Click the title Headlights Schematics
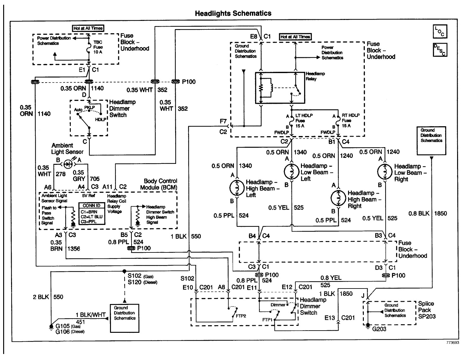[233, 13]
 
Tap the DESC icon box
[440, 50]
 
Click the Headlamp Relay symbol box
[280, 88]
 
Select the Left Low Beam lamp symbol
[291, 172]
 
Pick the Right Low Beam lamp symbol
[385, 172]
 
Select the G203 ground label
[379, 329]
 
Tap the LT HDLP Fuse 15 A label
[301, 121]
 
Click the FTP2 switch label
[241, 316]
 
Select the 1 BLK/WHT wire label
[90, 314]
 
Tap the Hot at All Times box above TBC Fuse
[88, 28]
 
